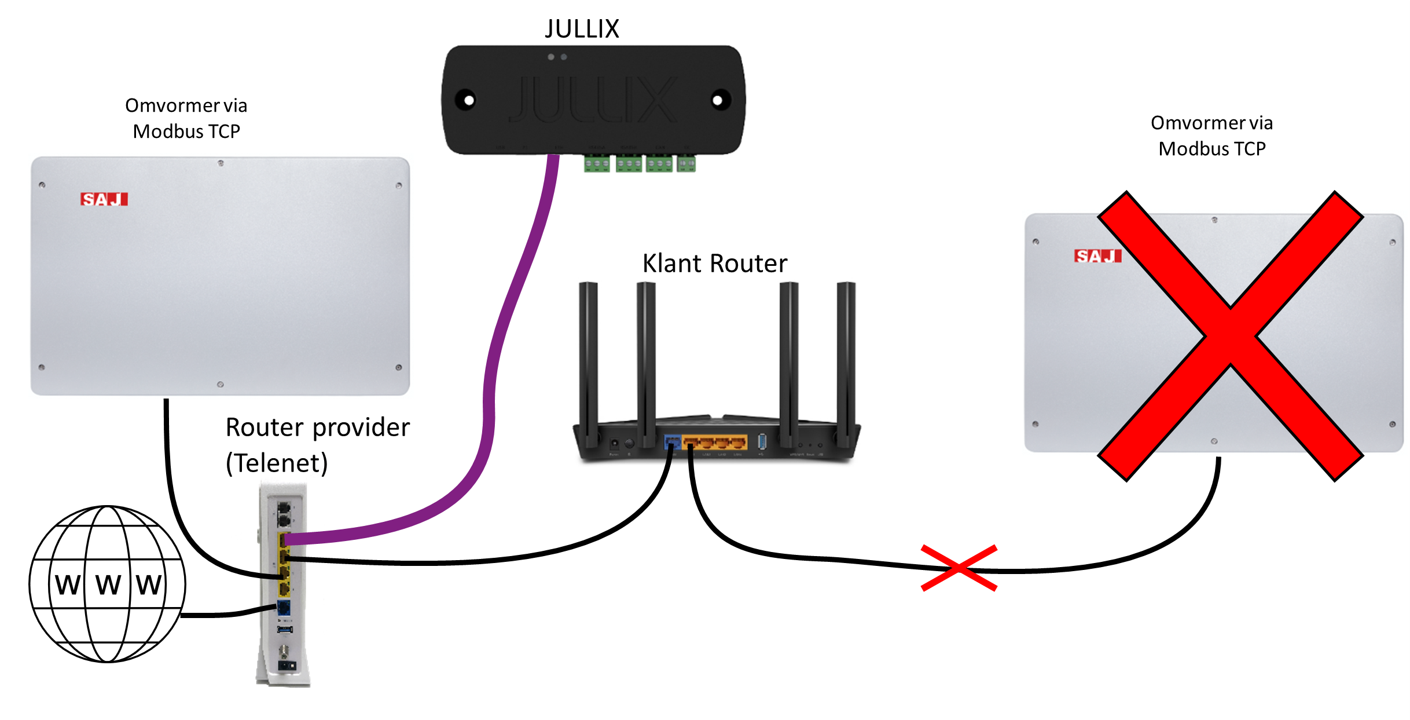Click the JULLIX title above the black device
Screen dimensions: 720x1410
coord(582,29)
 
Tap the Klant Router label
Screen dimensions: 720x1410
coord(715,264)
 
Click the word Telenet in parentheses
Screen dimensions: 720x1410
coord(277,463)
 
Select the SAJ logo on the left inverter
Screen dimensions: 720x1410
coord(104,199)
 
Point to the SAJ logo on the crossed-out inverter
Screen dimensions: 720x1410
coord(1097,256)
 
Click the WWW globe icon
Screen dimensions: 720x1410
coord(108,584)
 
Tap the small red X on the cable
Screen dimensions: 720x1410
coord(959,568)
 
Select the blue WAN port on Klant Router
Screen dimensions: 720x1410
coord(673,443)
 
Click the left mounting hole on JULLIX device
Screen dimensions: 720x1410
coord(468,101)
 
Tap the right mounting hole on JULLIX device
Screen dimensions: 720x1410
coord(718,101)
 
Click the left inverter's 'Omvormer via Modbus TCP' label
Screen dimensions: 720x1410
coord(186,118)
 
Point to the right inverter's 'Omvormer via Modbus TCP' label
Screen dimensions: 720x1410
coord(1211,136)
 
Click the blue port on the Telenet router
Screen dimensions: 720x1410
coord(284,608)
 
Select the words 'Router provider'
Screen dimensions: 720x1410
coord(318,427)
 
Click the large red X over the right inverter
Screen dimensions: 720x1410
coord(1231,336)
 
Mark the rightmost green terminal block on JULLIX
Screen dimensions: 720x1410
coord(686,165)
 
